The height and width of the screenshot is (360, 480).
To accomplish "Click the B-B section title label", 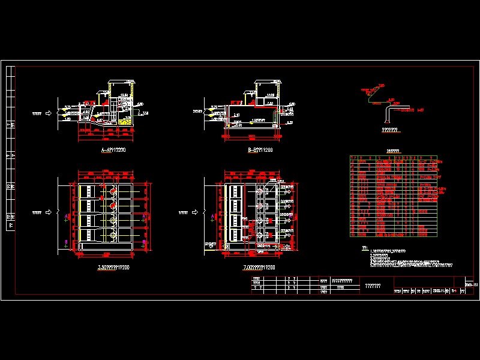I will point(260,149).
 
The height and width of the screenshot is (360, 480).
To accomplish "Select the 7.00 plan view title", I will point(256,268).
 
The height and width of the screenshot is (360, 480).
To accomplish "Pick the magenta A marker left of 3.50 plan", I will point(65,214).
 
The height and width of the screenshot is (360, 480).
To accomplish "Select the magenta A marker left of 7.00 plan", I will point(214,214).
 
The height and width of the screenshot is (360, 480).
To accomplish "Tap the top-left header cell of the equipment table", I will point(354,158).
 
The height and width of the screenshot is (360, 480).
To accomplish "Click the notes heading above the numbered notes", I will point(364,247).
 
